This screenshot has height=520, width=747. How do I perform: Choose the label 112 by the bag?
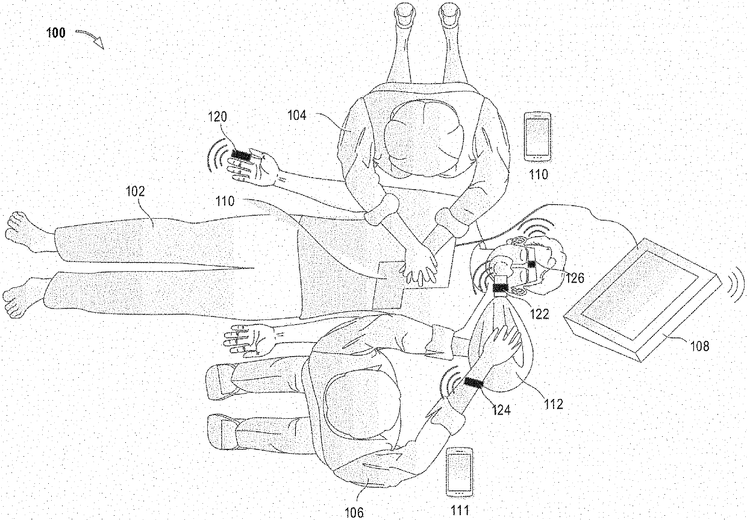552,404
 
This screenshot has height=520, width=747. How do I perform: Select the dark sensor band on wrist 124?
474,383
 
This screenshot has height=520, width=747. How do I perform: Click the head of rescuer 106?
361,410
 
